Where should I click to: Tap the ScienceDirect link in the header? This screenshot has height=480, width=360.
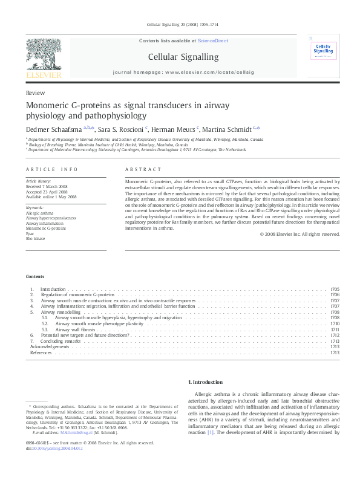213,41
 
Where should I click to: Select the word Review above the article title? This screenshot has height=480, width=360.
34,92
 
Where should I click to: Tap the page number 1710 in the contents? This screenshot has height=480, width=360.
335,323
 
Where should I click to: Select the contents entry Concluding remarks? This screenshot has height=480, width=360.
64,341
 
